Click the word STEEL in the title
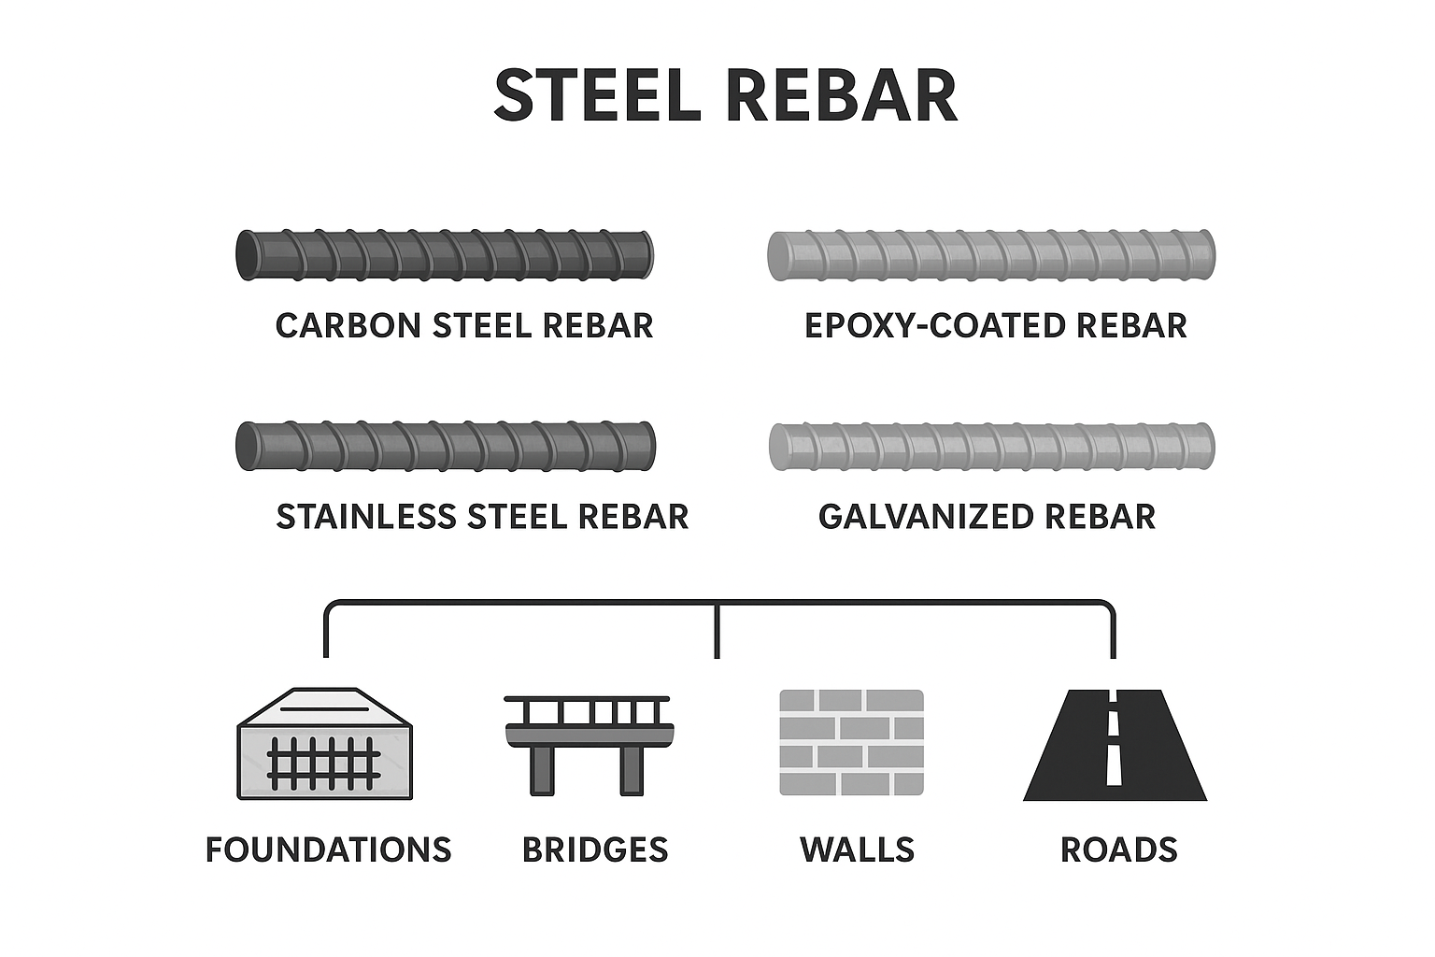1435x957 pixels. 597,95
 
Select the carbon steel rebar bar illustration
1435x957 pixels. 444,254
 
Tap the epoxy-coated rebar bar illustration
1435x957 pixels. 990,254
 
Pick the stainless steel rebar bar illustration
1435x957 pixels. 446,446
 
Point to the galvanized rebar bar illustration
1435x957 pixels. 990,446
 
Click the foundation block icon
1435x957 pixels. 325,744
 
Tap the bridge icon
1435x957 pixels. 588,744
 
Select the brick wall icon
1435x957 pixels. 851,743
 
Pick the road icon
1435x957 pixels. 1115,745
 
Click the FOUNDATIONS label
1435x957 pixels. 328,850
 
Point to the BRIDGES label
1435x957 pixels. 595,850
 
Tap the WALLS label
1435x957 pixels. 857,850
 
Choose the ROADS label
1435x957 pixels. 1118,850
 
